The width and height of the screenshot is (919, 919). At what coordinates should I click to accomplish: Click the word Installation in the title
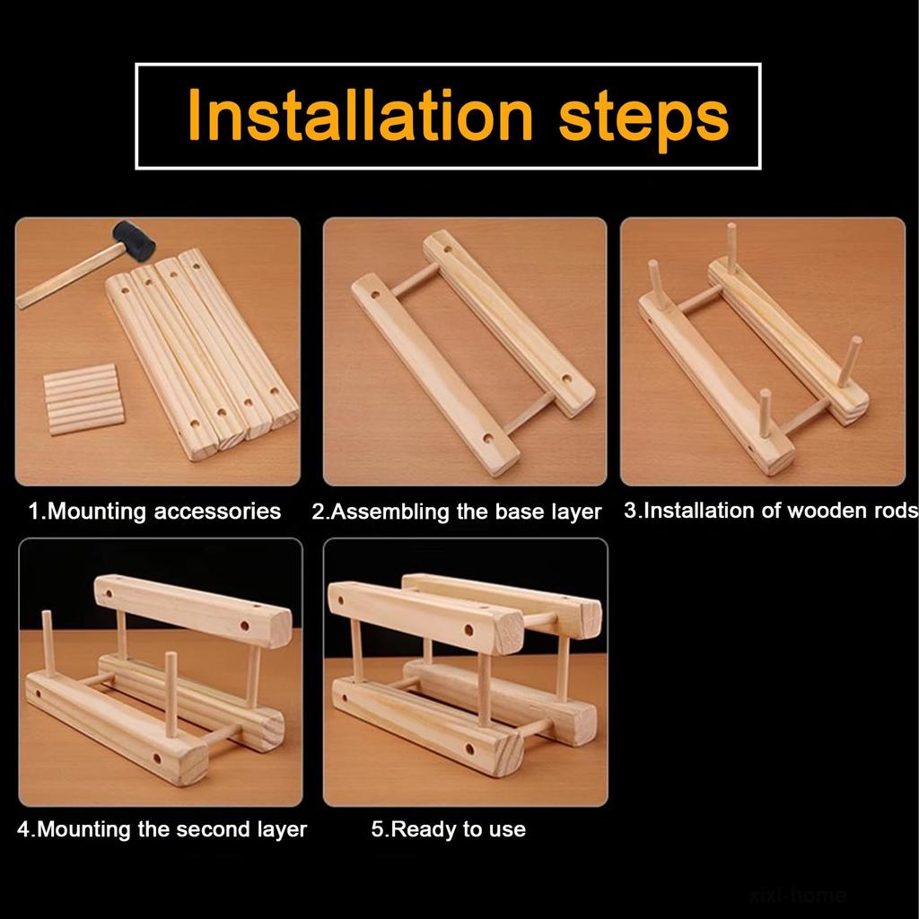(x=360, y=116)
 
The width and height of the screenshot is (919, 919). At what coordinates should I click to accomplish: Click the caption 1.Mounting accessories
(x=154, y=511)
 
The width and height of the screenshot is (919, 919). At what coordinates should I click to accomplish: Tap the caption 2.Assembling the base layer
(x=457, y=512)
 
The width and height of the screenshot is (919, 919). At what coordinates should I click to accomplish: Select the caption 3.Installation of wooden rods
(x=771, y=511)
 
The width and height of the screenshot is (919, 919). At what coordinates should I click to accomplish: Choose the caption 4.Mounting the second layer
(x=162, y=829)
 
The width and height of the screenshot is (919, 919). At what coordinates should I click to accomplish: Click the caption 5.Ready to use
(x=449, y=829)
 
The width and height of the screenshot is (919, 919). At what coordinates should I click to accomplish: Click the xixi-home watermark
(x=798, y=895)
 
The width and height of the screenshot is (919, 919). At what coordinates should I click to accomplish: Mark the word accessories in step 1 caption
(x=217, y=512)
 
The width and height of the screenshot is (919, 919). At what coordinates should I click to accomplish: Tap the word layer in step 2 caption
(x=577, y=512)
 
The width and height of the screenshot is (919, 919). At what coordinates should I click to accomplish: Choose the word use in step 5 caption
(x=509, y=831)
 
